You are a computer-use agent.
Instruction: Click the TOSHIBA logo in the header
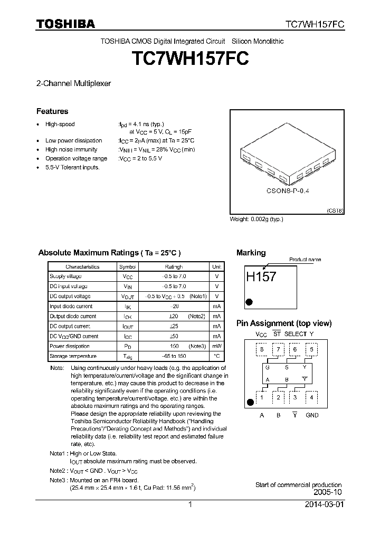(65, 24)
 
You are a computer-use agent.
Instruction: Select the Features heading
(52, 111)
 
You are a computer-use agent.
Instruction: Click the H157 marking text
(261, 276)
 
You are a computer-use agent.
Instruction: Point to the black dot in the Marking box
(250, 302)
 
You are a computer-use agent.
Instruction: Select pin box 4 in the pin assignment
(312, 397)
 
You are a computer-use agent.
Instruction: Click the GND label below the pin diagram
(312, 415)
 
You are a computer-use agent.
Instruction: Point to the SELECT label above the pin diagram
(295, 334)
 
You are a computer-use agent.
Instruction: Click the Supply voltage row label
(65, 276)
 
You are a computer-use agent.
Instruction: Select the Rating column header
(174, 266)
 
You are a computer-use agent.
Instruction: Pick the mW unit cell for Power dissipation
(216, 346)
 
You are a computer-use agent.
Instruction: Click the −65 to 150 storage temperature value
(174, 356)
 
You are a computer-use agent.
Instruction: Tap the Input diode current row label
(71, 306)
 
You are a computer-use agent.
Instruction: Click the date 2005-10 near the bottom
(328, 492)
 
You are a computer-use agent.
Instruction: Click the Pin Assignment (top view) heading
(284, 323)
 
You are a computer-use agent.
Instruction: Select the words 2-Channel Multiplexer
(73, 83)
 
